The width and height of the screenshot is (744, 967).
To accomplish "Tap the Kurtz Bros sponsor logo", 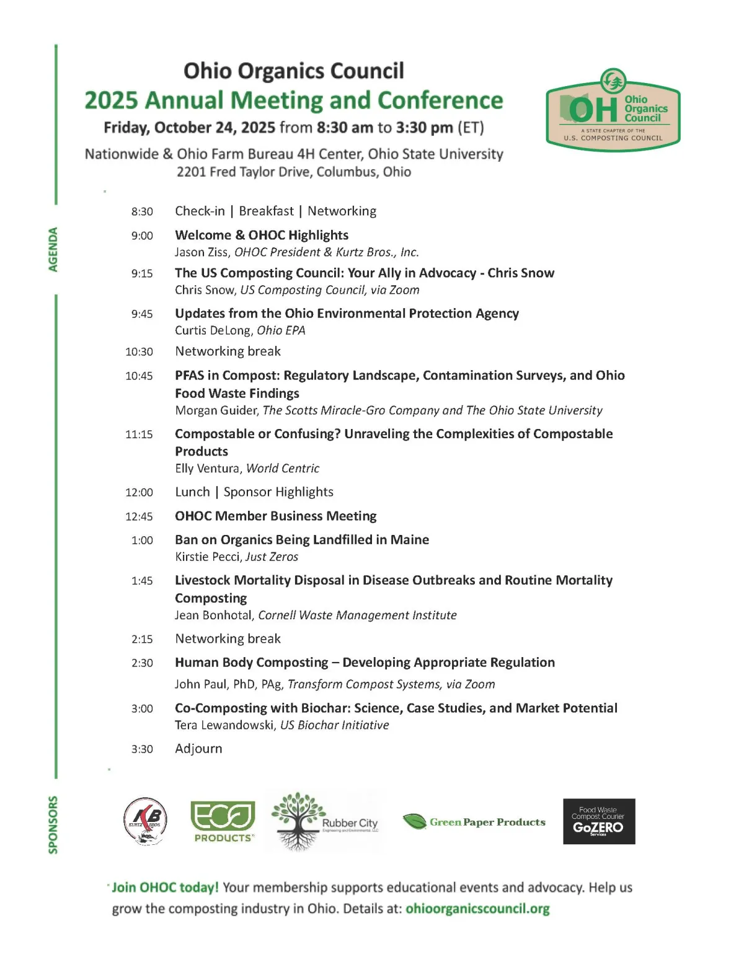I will tap(145, 821).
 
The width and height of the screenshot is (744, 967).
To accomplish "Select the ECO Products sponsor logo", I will tap(223, 821).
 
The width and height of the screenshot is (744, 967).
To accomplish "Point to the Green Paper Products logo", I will tap(474, 822).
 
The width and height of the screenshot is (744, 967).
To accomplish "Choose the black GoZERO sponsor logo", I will tap(599, 821).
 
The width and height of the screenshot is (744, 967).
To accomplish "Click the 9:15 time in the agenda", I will tap(142, 273).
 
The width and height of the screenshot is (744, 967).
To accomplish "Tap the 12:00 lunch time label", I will tap(139, 492).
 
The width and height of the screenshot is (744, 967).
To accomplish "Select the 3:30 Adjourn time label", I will tap(142, 749).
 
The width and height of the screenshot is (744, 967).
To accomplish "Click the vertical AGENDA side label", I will tap(53, 249).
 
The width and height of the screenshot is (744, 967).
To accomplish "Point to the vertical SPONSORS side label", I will tap(53, 824).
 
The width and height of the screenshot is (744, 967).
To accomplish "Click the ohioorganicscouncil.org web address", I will tap(477, 909).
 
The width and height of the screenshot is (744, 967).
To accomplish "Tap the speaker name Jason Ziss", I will tap(202, 252).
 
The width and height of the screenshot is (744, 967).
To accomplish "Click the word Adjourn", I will tap(198, 748).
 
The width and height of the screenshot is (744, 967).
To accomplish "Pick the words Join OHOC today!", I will tap(165, 887).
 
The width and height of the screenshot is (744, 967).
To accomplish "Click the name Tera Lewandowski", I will tap(224, 725).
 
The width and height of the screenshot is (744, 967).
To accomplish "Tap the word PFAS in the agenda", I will tap(189, 375).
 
